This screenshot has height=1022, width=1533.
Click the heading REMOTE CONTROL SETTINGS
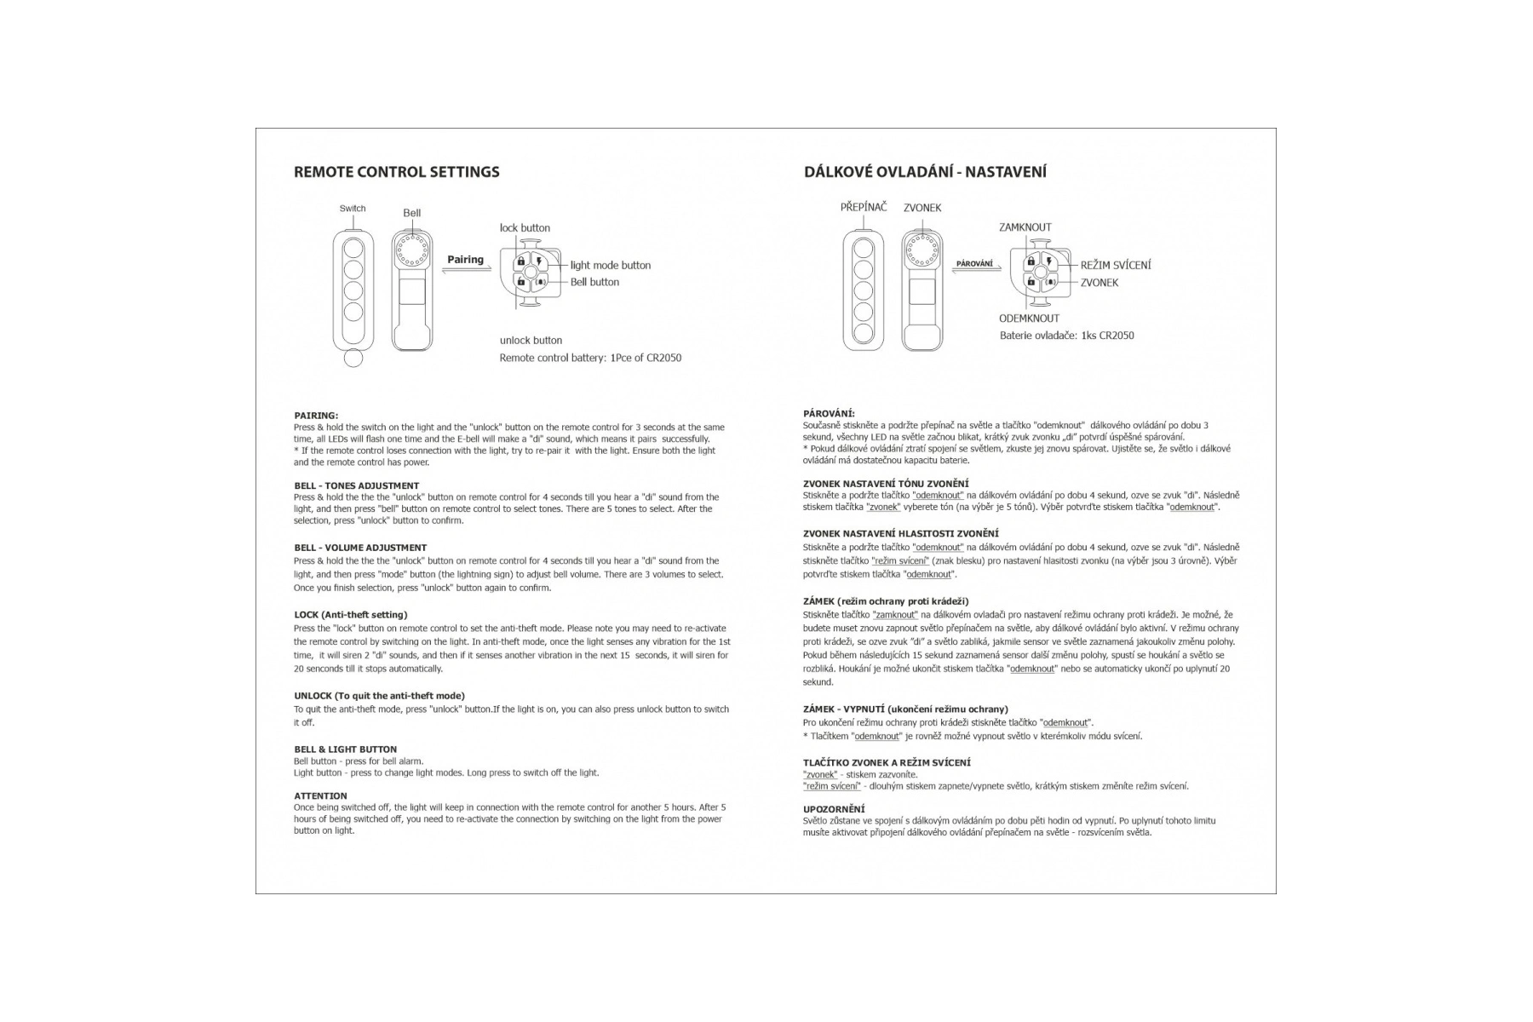(x=396, y=172)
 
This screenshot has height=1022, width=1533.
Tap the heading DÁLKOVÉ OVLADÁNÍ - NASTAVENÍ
(x=925, y=172)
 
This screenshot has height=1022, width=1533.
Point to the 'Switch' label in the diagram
(x=353, y=209)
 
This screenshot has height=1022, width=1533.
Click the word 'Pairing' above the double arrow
(x=465, y=260)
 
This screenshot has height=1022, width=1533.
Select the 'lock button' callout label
(x=525, y=228)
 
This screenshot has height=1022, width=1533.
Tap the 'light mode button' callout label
(x=610, y=266)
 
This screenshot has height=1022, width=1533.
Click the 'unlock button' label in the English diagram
(x=531, y=341)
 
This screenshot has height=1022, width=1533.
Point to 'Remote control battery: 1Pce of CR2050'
(x=590, y=358)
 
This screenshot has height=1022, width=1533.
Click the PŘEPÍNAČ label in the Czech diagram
(x=863, y=207)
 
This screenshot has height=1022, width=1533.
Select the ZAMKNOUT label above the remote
(x=1025, y=227)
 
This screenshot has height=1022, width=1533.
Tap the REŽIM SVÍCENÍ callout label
(x=1115, y=266)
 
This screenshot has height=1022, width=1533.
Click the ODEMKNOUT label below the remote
(x=1029, y=319)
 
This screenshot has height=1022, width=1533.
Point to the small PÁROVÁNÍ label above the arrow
(x=973, y=264)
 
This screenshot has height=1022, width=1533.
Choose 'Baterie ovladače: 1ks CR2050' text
(x=1066, y=336)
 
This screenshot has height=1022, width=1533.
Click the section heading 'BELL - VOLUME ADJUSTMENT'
(x=360, y=548)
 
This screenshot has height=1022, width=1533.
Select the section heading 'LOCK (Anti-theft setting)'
(x=351, y=615)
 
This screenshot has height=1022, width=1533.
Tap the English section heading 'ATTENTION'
(x=320, y=796)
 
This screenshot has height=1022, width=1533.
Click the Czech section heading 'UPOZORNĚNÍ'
(x=834, y=809)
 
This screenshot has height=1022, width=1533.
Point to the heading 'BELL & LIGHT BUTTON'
(x=345, y=749)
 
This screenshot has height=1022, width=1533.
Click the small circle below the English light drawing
(x=353, y=359)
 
